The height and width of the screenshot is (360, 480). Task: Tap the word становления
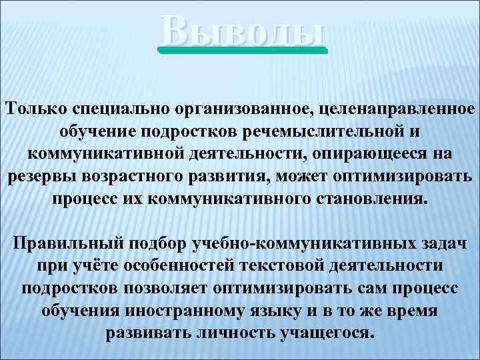pyautogui.click(x=363, y=199)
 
